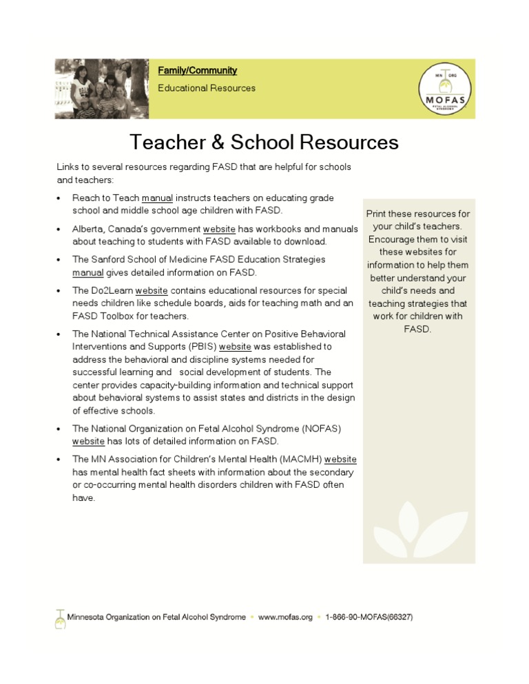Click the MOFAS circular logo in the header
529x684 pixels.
pos(445,88)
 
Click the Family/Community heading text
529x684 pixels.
pos(197,70)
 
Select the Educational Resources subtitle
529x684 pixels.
pos(206,88)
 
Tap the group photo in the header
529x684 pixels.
pos(102,88)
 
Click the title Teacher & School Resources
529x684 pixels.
pos(264,142)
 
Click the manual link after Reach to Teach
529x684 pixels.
pos(157,198)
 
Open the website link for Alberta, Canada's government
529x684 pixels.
pos(219,229)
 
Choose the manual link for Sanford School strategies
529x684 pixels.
pos(88,272)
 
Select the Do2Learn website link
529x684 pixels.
pos(152,291)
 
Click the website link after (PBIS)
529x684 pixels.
pos(235,347)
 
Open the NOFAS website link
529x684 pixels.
pos(88,440)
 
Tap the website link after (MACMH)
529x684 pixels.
pos(340,460)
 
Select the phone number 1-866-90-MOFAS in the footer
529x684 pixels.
pos(369,617)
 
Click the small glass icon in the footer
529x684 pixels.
pos(60,619)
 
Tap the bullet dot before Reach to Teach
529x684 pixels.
pos(59,199)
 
